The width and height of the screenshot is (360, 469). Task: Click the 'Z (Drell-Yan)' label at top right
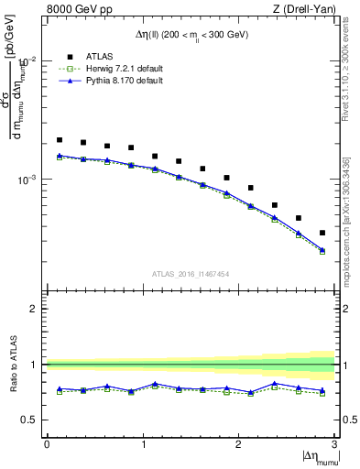click(307, 9)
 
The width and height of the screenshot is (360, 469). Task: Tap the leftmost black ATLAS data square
click(60, 140)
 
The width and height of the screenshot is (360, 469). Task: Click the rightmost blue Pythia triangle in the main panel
click(322, 249)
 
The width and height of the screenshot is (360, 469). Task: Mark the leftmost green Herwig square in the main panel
click(60, 158)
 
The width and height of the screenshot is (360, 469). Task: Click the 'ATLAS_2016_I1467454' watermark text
click(191, 273)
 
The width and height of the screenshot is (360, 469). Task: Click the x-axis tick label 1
click(143, 444)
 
